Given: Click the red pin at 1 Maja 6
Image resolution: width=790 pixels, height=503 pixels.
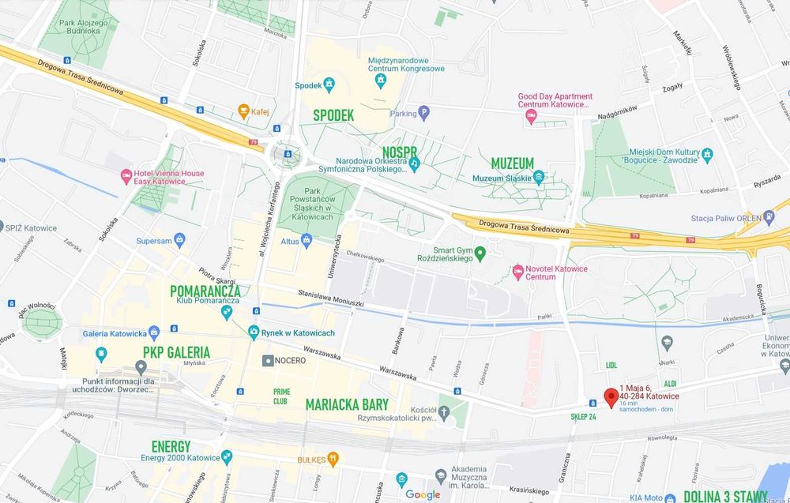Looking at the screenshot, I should [x=611, y=397].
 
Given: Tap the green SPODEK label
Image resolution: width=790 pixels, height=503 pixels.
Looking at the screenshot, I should [x=333, y=115].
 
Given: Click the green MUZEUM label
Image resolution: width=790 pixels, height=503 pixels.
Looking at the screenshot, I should [x=512, y=163].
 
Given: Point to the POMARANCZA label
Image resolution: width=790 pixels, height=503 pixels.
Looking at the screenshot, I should [x=205, y=291].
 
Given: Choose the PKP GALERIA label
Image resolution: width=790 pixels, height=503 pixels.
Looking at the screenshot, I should [x=176, y=351].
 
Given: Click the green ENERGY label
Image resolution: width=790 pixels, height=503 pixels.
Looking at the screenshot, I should [x=171, y=446].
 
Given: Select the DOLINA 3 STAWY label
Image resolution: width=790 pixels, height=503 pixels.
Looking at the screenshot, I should [x=724, y=496].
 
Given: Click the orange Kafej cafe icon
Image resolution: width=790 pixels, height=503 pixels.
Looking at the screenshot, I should [x=243, y=111].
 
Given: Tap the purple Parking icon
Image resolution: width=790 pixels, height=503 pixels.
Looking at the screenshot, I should [x=423, y=113].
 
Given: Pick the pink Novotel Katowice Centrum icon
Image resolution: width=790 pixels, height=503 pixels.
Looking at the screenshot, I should [x=518, y=272].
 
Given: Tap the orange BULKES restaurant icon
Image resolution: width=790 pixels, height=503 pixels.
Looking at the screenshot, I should [x=333, y=458].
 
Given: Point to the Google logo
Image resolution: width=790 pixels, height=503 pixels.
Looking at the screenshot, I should [x=423, y=494].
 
